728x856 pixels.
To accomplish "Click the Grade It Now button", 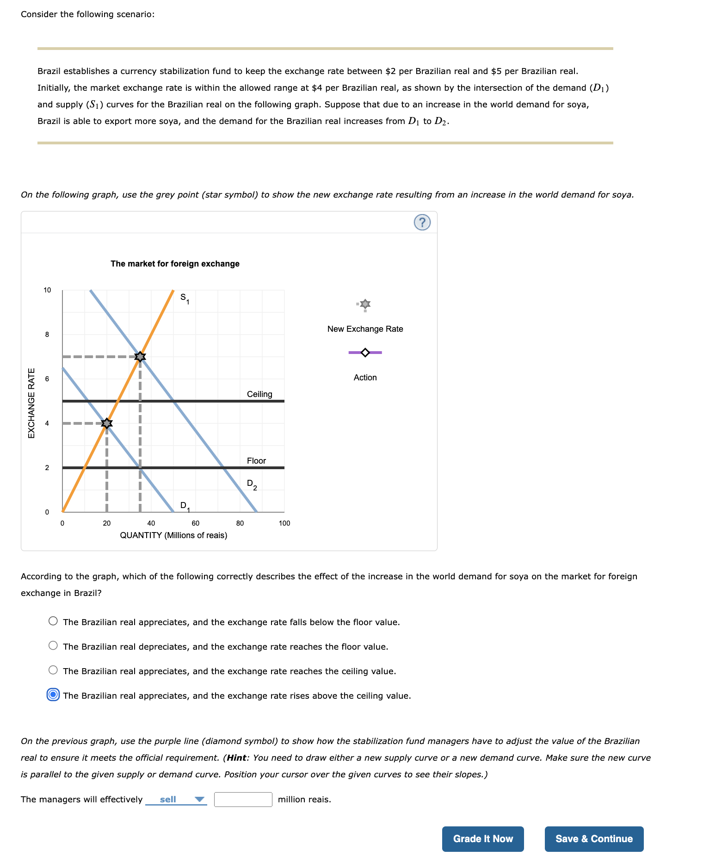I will pyautogui.click(x=482, y=838).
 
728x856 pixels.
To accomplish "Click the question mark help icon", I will pyautogui.click(x=421, y=222).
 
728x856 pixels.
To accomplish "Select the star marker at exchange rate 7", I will pyautogui.click(x=140, y=356).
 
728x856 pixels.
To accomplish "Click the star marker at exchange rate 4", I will pyautogui.click(x=107, y=423).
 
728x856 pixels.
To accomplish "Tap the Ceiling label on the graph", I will pyautogui.click(x=259, y=394).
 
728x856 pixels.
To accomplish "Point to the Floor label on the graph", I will pyautogui.click(x=256, y=460).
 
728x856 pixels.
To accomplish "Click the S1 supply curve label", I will pyautogui.click(x=185, y=298).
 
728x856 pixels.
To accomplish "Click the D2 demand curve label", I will pyautogui.click(x=252, y=484).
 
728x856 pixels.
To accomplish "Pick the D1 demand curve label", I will pyautogui.click(x=185, y=506).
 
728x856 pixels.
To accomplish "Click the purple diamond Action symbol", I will pyautogui.click(x=365, y=353).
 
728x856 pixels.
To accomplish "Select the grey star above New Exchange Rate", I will pyautogui.click(x=365, y=304).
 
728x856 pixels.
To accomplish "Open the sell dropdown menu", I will pyautogui.click(x=176, y=799).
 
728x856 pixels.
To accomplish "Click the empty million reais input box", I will pyautogui.click(x=243, y=799).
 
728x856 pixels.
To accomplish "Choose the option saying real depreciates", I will pyautogui.click(x=53, y=646).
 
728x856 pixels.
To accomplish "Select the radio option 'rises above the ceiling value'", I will pyautogui.click(x=53, y=695).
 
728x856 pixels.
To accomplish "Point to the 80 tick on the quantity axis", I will pyautogui.click(x=240, y=523).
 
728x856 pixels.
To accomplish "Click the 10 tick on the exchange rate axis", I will pyautogui.click(x=47, y=290).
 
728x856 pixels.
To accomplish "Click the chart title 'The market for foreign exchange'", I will pyautogui.click(x=175, y=263).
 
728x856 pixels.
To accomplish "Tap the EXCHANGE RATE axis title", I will pyautogui.click(x=31, y=403).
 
